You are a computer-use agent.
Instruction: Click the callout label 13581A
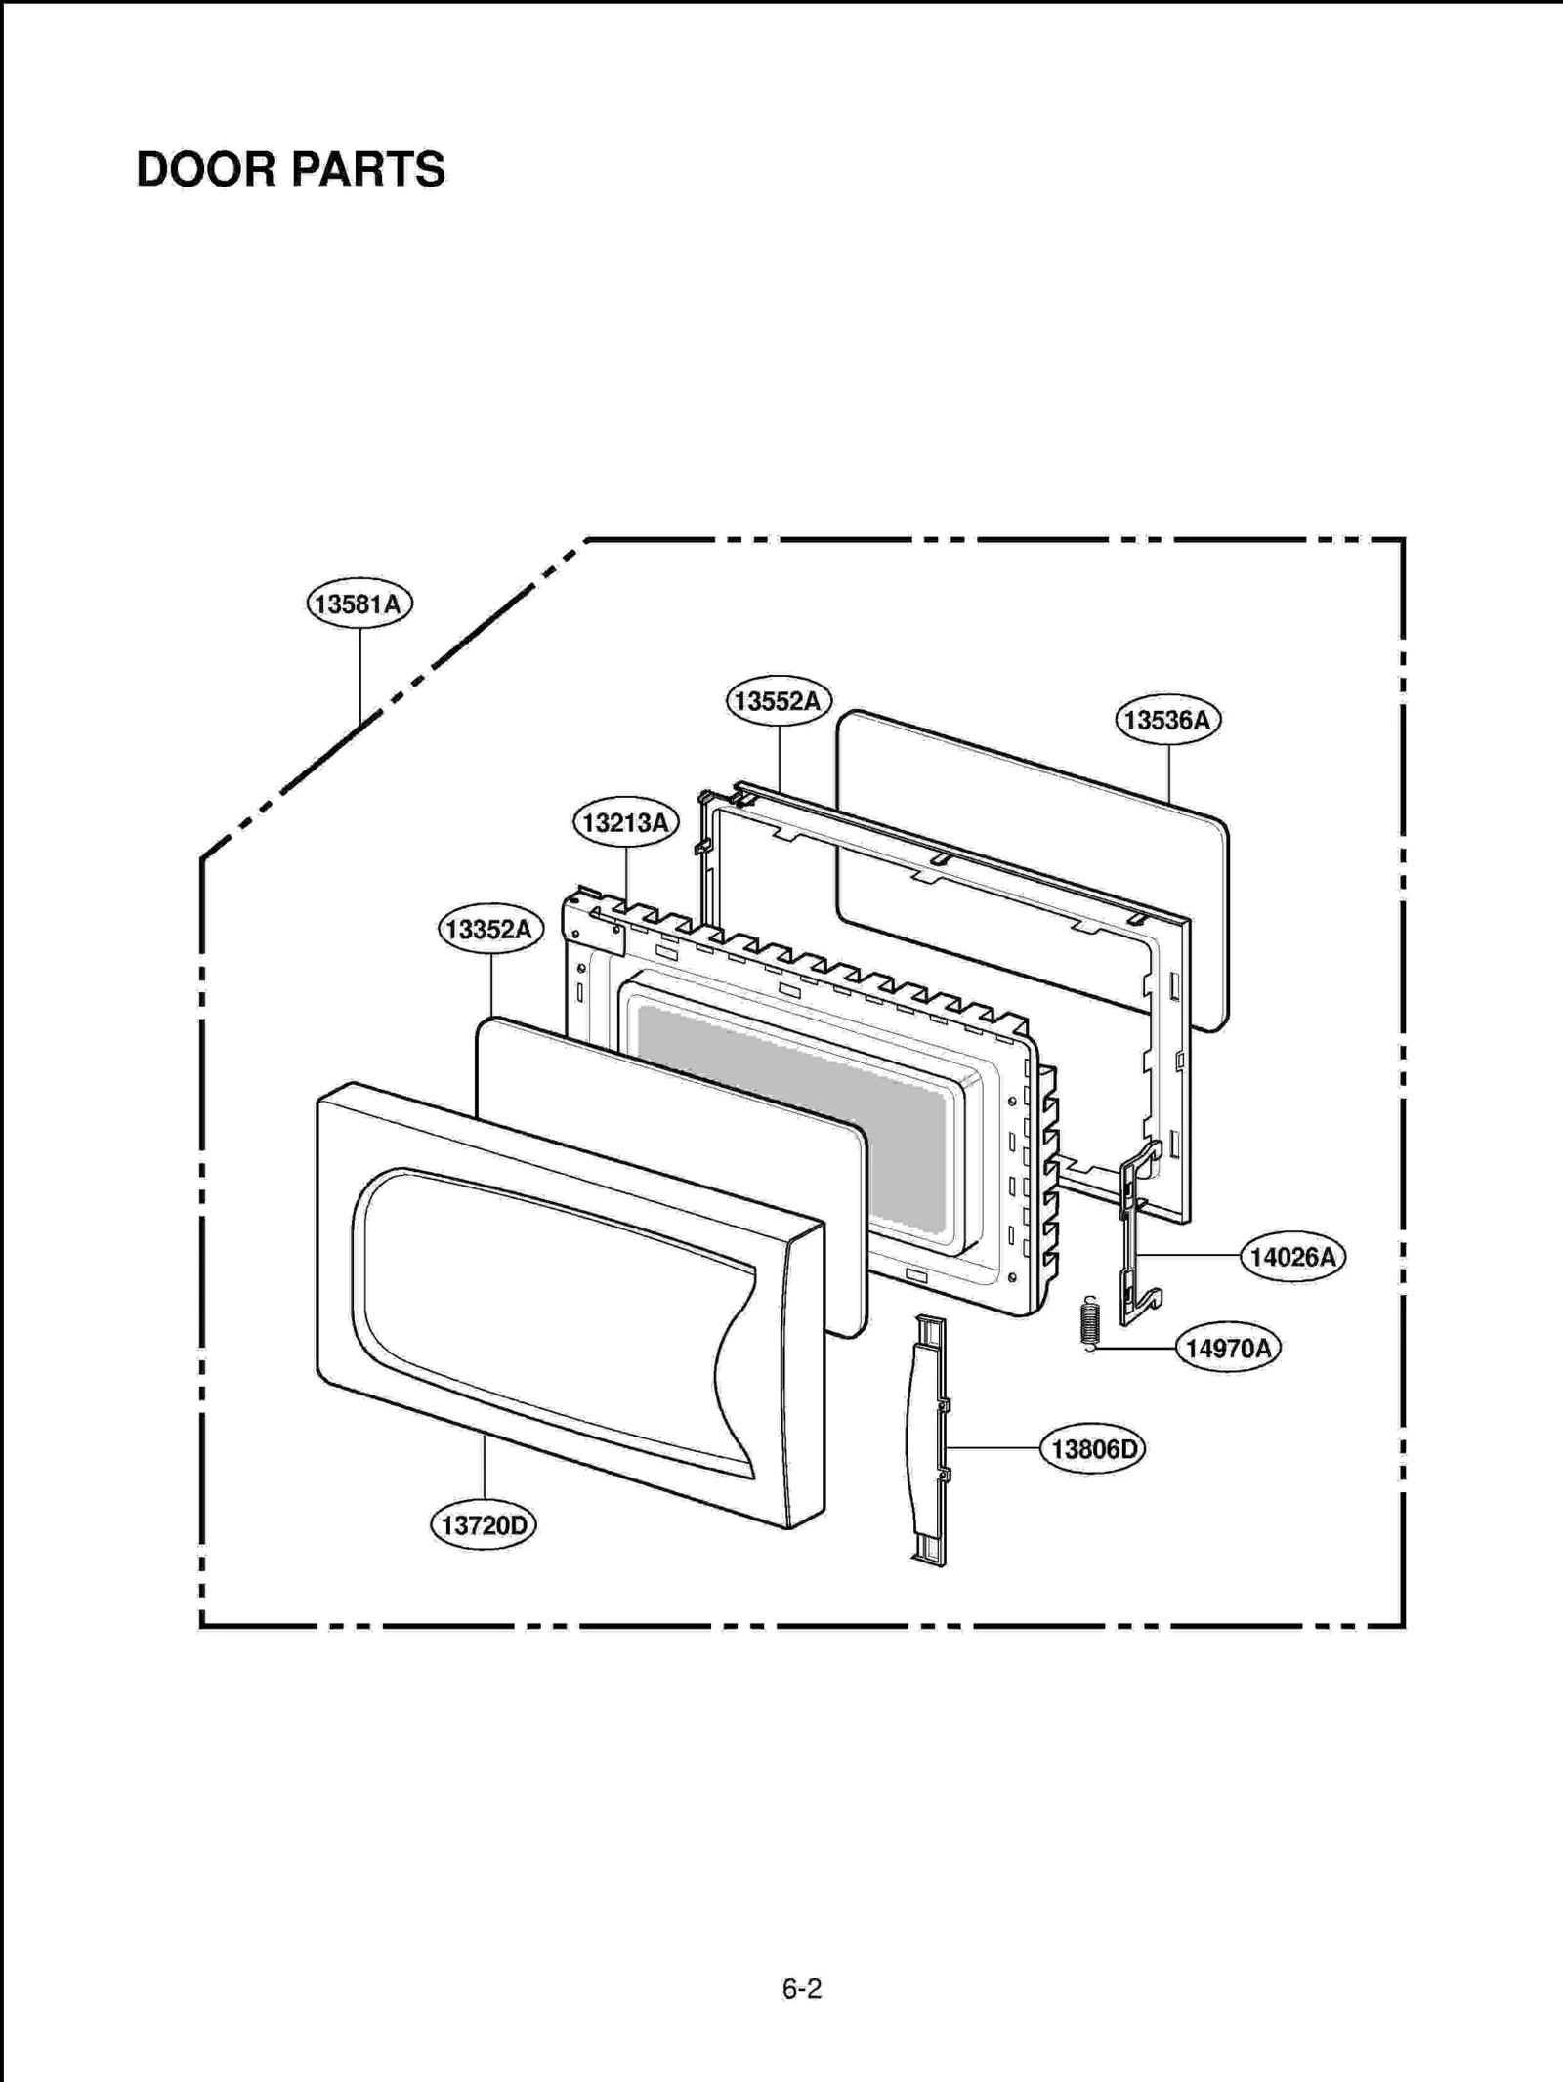[359, 604]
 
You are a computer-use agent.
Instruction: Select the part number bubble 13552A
[778, 701]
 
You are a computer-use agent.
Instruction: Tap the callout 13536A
[1167, 720]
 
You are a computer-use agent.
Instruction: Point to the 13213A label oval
[625, 822]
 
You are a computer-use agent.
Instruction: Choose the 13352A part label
[489, 929]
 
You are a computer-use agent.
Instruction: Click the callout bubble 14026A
[1292, 1257]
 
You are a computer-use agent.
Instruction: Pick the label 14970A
[1228, 1349]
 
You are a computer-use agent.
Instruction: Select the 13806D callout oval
[1093, 1449]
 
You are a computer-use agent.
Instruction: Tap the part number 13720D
[484, 1524]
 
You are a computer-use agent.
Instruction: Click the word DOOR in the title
[205, 170]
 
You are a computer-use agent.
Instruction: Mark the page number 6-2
[801, 1989]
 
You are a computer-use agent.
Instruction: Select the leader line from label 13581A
[360, 674]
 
